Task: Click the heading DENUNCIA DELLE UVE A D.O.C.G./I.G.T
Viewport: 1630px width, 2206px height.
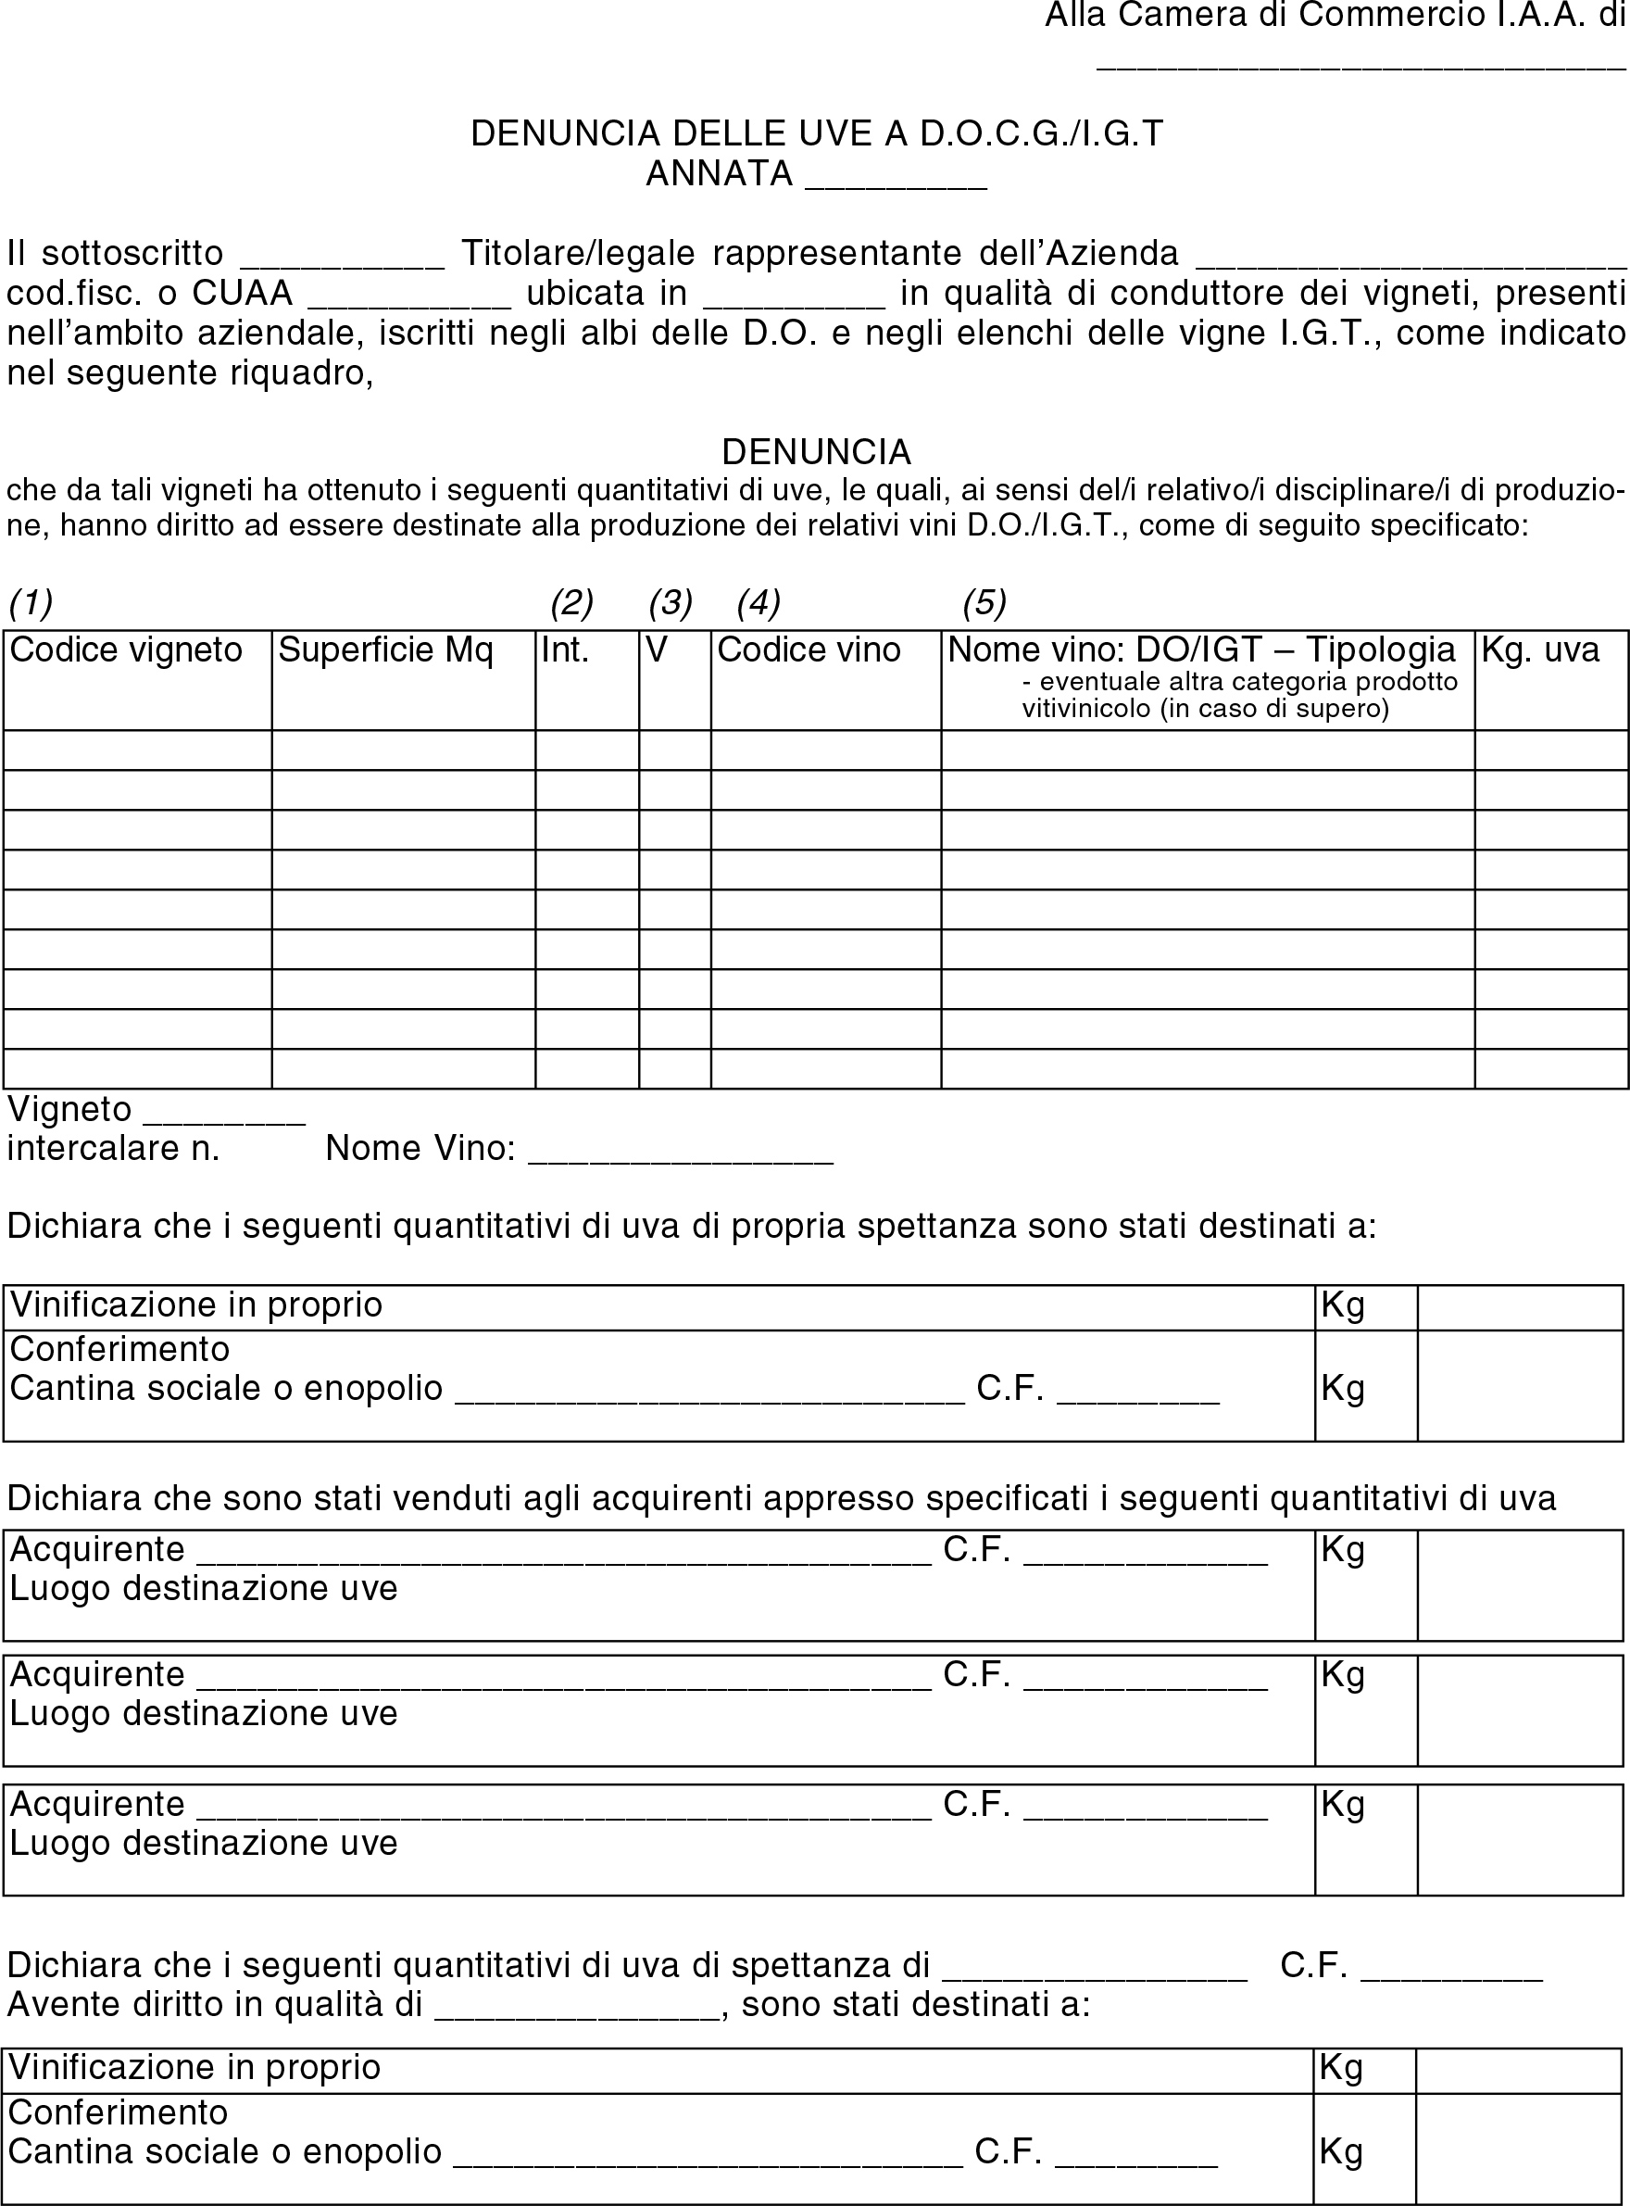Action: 816,133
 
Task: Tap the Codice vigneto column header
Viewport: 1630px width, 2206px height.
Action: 126,649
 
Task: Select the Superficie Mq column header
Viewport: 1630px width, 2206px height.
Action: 386,649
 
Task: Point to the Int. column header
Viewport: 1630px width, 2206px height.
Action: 565,649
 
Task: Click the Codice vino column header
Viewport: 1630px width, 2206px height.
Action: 809,649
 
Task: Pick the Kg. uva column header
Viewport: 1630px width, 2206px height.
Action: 1540,649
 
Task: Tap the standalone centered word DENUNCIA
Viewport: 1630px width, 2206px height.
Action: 816,452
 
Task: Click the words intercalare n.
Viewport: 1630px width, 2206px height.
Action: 114,1148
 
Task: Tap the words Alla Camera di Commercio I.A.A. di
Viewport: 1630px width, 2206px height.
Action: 1334,16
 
